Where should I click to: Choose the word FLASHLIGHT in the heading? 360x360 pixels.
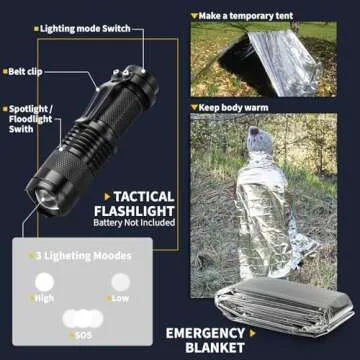click(138, 212)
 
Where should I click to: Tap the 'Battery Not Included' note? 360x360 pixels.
click(138, 224)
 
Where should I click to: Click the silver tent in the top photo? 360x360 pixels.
click(285, 62)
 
